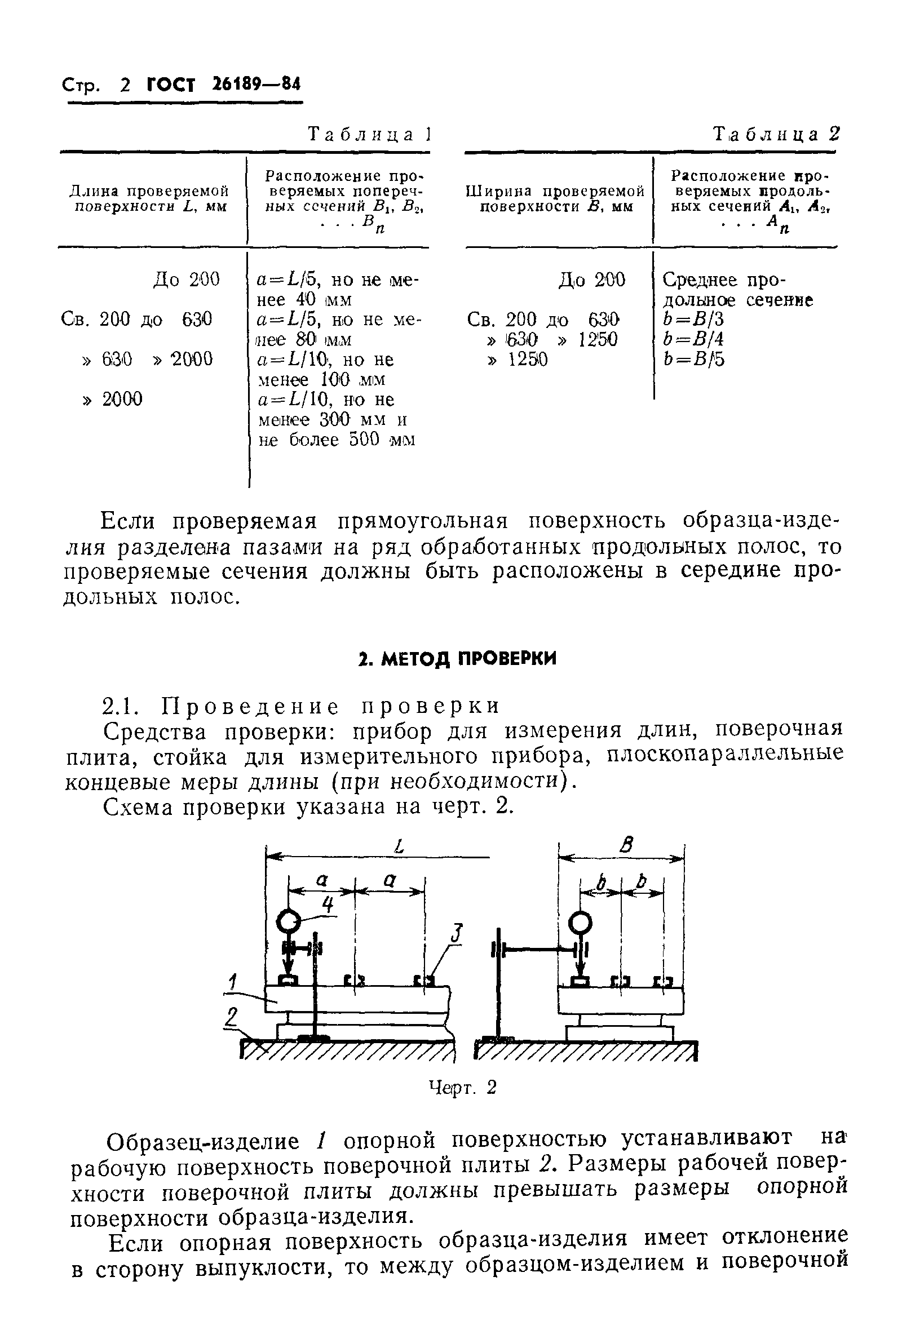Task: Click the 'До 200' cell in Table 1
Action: (186, 280)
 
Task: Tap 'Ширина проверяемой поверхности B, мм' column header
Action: (555, 198)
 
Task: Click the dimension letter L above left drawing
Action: (400, 846)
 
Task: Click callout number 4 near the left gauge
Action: (328, 904)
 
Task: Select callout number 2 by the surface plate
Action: (231, 1017)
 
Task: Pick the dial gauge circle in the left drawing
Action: (288, 921)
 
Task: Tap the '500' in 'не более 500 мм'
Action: (364, 440)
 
